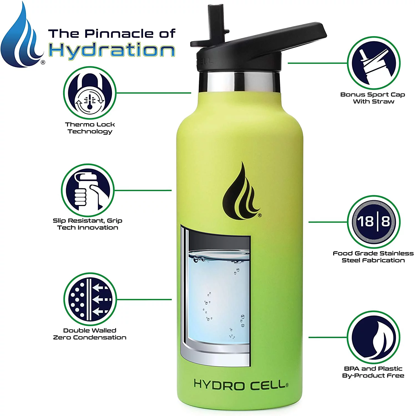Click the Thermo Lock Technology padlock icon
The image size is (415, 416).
[90, 93]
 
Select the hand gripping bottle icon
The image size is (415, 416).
[88, 191]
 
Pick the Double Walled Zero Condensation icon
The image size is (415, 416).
[90, 299]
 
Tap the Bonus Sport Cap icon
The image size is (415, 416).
[374, 63]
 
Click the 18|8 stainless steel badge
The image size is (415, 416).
[374, 222]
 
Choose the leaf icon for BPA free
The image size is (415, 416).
[374, 337]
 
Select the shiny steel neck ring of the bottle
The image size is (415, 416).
[239, 81]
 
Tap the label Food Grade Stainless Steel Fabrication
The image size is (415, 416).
[373, 257]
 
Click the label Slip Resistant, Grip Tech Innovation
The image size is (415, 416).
[88, 224]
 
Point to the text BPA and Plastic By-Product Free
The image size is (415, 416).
[373, 372]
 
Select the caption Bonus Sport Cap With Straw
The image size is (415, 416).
[373, 98]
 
